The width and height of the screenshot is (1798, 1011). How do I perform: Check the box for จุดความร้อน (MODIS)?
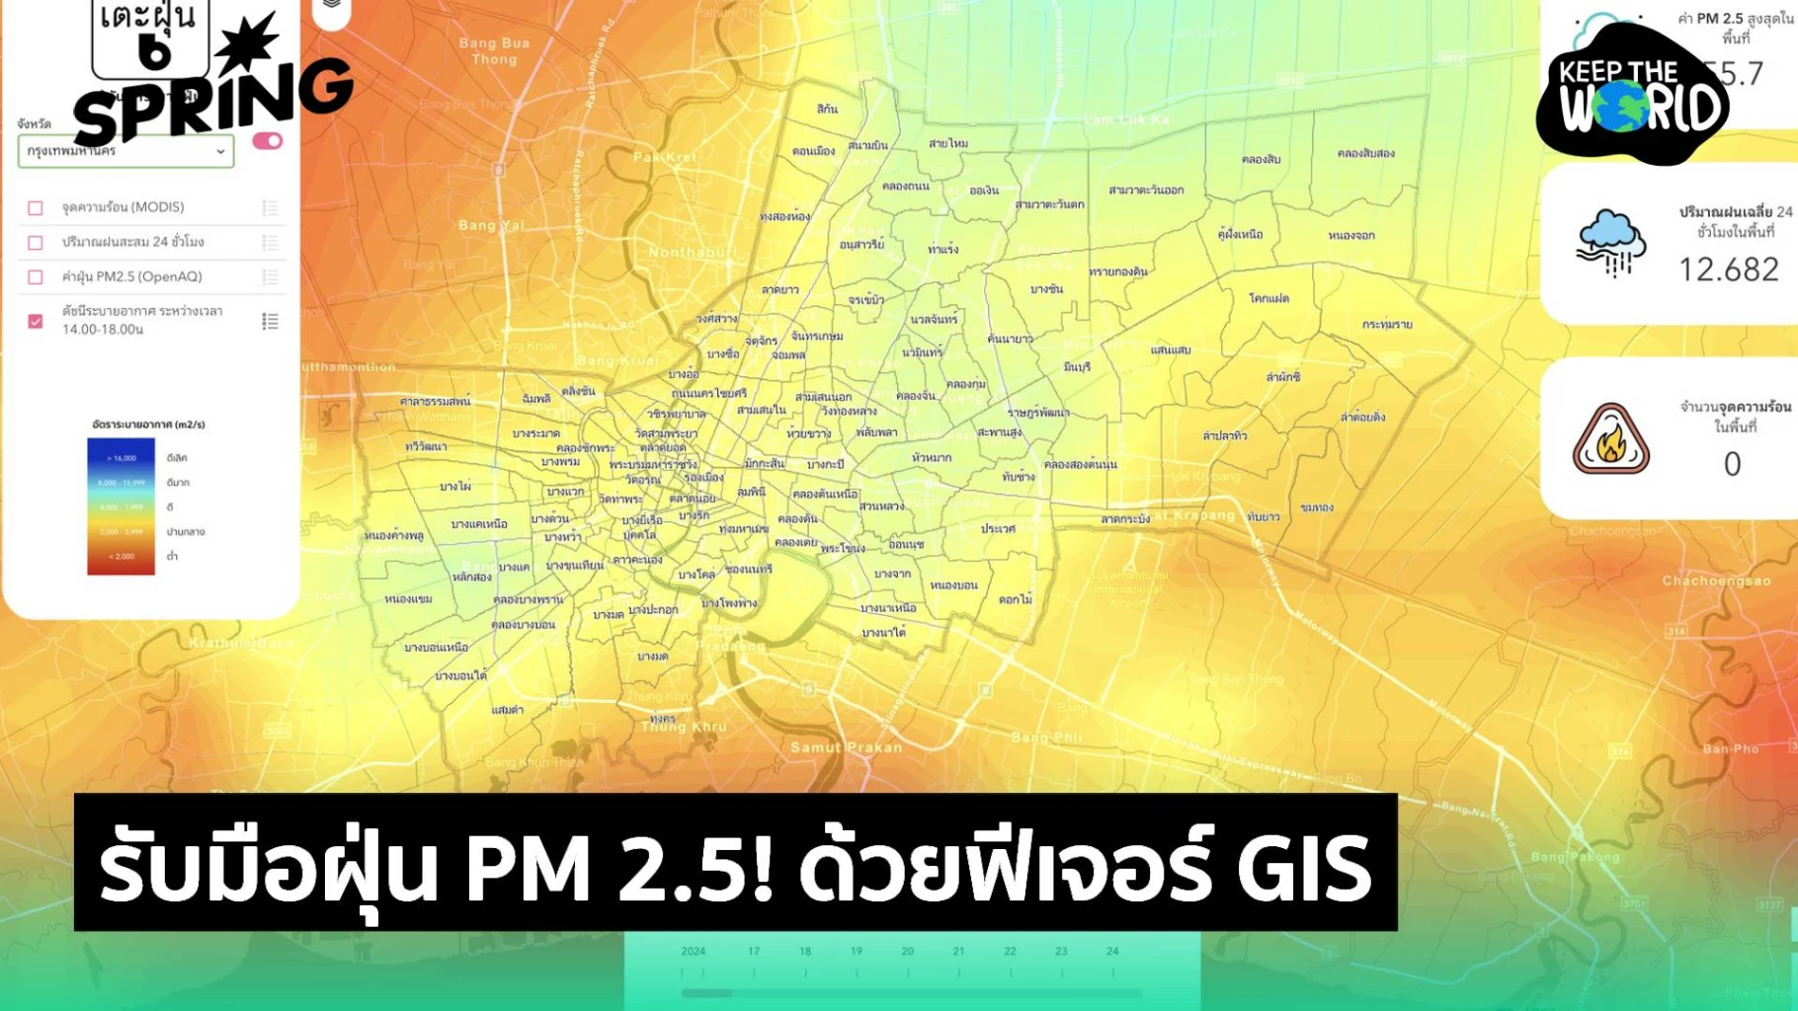click(36, 208)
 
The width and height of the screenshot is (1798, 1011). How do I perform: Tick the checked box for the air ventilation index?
click(36, 321)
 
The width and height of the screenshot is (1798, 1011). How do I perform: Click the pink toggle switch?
click(267, 141)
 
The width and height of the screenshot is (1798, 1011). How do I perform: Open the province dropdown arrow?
click(220, 152)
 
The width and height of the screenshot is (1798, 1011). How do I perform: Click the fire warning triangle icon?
click(1610, 440)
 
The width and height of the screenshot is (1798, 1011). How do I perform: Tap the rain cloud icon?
click(1611, 242)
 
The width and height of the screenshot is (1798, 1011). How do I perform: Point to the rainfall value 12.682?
click(1729, 270)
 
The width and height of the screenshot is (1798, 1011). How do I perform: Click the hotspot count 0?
click(1732, 464)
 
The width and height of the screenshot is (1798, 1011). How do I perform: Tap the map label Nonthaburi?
click(692, 253)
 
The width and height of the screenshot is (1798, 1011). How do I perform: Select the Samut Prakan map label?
click(846, 747)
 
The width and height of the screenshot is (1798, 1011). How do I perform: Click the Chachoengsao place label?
click(1716, 581)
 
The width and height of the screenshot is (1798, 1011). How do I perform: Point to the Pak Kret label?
click(665, 157)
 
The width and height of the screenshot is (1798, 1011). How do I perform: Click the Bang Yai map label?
click(491, 225)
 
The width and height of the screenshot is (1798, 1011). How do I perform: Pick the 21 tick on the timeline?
click(958, 952)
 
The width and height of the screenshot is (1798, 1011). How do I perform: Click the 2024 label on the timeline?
click(694, 952)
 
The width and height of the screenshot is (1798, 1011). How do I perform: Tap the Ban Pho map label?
click(1730, 748)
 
